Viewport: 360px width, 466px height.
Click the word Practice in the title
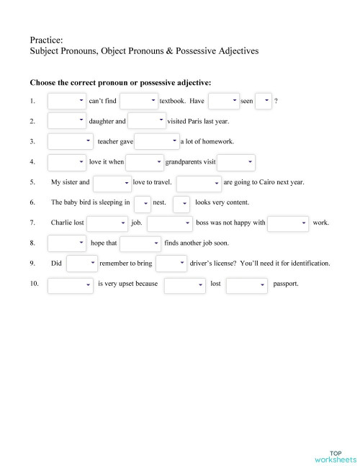[x=46, y=40]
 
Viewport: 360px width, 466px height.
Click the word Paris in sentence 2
[x=206, y=122]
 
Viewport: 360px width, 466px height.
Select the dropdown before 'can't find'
[x=66, y=102]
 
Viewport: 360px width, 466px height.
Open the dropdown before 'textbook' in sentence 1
[x=138, y=102]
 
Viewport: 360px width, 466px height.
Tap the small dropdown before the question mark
[x=264, y=102]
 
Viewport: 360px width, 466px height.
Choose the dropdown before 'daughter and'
[x=66, y=122]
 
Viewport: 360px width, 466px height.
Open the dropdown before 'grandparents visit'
[x=145, y=162]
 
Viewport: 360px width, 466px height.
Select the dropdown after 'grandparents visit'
[x=236, y=162]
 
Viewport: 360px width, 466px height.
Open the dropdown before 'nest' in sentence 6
[x=142, y=204]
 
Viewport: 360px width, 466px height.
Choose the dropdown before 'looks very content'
[x=181, y=204]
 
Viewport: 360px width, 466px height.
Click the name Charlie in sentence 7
[x=62, y=223]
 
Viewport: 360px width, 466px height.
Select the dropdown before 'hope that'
[x=66, y=243]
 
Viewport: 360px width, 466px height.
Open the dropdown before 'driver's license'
[x=171, y=264]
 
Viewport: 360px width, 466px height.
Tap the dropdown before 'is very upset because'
[x=71, y=284]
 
